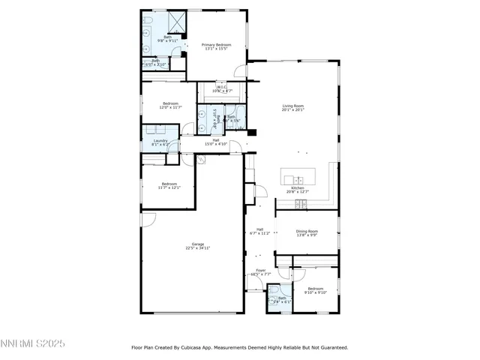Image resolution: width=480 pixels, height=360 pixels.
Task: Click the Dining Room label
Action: click(307, 233)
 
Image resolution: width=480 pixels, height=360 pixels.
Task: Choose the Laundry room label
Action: click(160, 142)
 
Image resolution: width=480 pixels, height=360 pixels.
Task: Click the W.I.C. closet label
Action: click(222, 89)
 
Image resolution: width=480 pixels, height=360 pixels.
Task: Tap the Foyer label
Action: click(261, 272)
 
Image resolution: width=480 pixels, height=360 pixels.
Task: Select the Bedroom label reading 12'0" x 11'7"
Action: click(169, 106)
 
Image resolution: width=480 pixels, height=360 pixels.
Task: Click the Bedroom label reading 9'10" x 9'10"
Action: click(315, 291)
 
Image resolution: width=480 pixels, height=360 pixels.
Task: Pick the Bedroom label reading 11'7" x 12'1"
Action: click(168, 185)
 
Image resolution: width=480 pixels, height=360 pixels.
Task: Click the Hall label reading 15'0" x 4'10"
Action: click(216, 142)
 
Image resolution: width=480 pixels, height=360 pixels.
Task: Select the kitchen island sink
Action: click(298, 179)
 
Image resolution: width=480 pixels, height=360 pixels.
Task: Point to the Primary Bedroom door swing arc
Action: click(240, 72)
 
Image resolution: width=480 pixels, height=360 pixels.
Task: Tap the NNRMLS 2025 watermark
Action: click(34, 344)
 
